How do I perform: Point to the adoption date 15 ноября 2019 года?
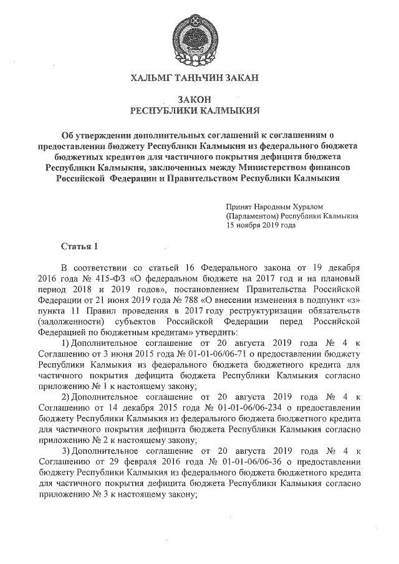(x=261, y=226)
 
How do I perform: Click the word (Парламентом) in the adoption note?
(x=253, y=216)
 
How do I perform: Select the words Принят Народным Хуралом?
(x=275, y=206)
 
